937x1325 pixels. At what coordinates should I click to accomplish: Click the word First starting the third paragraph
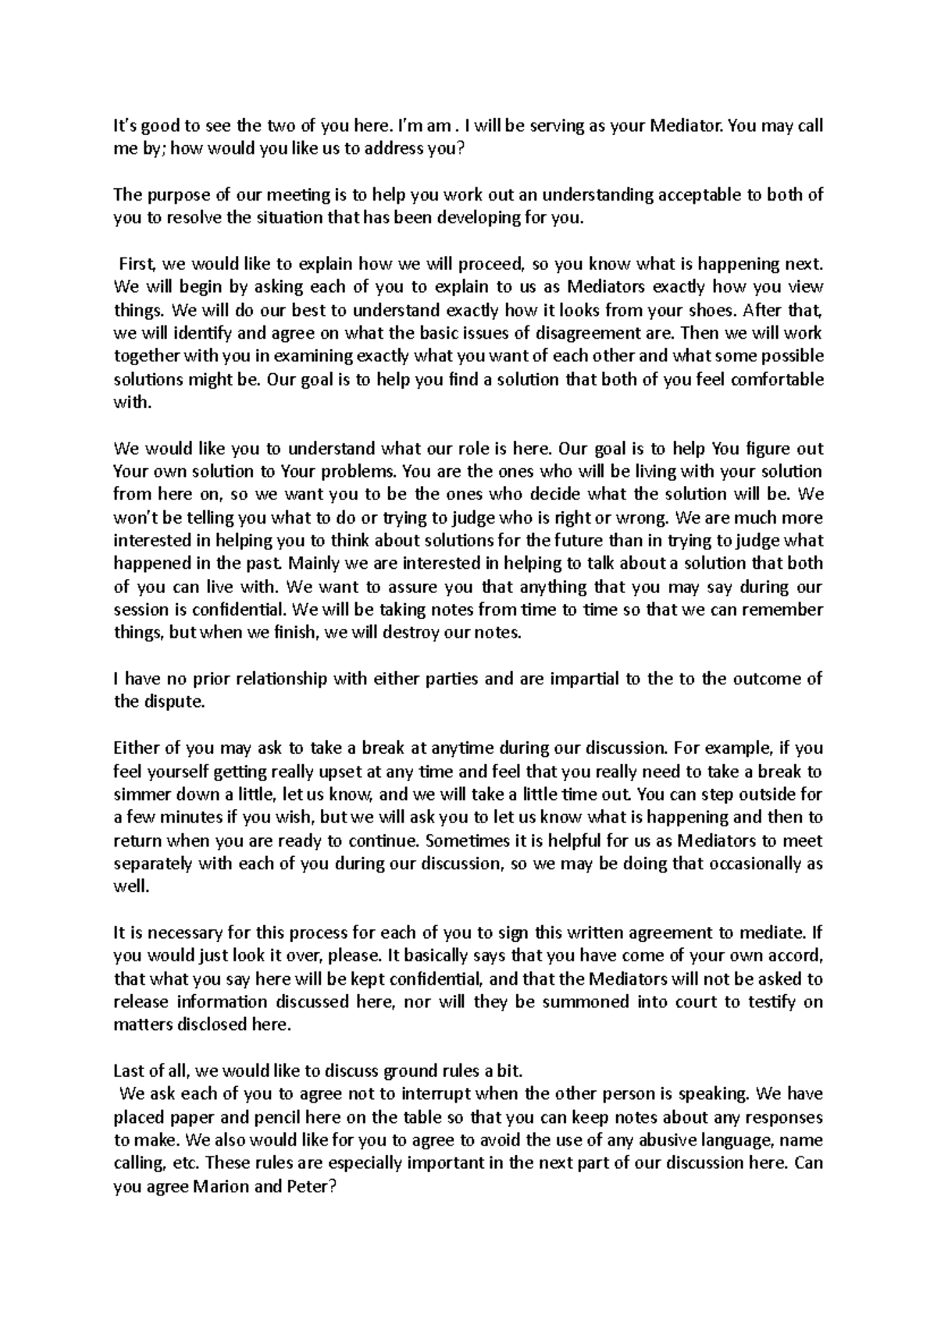[137, 264]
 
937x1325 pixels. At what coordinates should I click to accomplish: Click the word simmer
[141, 794]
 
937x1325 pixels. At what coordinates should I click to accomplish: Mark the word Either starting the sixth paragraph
[136, 748]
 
